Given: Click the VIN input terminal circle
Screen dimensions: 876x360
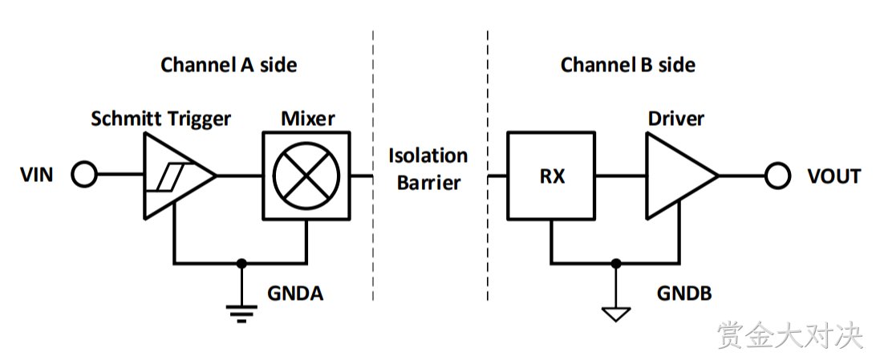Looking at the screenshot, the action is coord(84,176).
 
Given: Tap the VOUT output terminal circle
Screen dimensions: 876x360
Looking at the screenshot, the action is coord(777,176).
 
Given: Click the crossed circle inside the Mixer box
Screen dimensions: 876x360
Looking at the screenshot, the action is coord(306,176).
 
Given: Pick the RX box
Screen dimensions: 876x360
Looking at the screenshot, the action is coord(550,176).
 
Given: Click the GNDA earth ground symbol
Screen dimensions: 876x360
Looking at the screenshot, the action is coord(241,313).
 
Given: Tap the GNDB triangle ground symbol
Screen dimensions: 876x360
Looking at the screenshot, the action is coord(615,314).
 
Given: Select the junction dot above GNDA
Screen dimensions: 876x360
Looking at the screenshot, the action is coord(241,262).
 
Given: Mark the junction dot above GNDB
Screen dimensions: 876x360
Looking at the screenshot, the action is coord(615,262).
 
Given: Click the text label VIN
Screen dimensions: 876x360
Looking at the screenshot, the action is coord(37,176).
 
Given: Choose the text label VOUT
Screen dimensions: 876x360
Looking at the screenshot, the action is coord(834,176).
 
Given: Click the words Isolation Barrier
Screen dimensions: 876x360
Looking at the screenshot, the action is coord(428,168).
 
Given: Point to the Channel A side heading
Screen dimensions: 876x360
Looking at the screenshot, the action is coord(229,65).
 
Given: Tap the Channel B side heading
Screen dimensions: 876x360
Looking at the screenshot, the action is coord(628,65).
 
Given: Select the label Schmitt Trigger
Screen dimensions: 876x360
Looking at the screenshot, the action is coord(161,119).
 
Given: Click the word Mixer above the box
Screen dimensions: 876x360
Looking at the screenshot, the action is coord(308,119).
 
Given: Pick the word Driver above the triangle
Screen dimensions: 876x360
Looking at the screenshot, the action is coord(676,119).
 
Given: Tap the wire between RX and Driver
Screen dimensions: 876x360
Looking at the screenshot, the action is coord(620,176).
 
